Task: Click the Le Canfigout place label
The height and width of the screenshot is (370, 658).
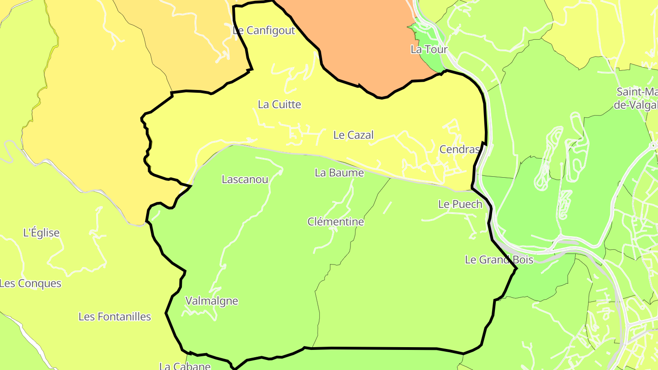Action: tap(264, 31)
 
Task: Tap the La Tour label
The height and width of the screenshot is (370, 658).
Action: tap(429, 49)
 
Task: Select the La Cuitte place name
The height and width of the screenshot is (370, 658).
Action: tap(279, 105)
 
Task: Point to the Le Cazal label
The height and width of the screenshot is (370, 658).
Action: tap(353, 135)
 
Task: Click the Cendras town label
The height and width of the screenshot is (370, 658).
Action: tap(459, 149)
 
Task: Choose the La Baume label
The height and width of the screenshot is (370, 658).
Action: tap(339, 173)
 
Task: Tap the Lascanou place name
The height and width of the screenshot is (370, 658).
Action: tap(244, 180)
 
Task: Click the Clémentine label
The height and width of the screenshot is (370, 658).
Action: tap(335, 222)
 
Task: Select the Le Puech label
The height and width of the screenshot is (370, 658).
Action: tap(460, 204)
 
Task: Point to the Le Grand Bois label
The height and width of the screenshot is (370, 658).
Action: tap(499, 260)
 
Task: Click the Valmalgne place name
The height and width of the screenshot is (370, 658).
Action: tap(212, 301)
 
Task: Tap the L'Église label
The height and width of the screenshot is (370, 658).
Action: tap(41, 233)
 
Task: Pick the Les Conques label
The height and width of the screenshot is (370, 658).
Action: tap(30, 283)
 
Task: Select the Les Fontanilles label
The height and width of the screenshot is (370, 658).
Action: tap(114, 317)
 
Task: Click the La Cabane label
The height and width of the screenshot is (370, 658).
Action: tap(185, 366)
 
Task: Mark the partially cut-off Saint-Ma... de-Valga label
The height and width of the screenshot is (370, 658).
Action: tap(637, 98)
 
